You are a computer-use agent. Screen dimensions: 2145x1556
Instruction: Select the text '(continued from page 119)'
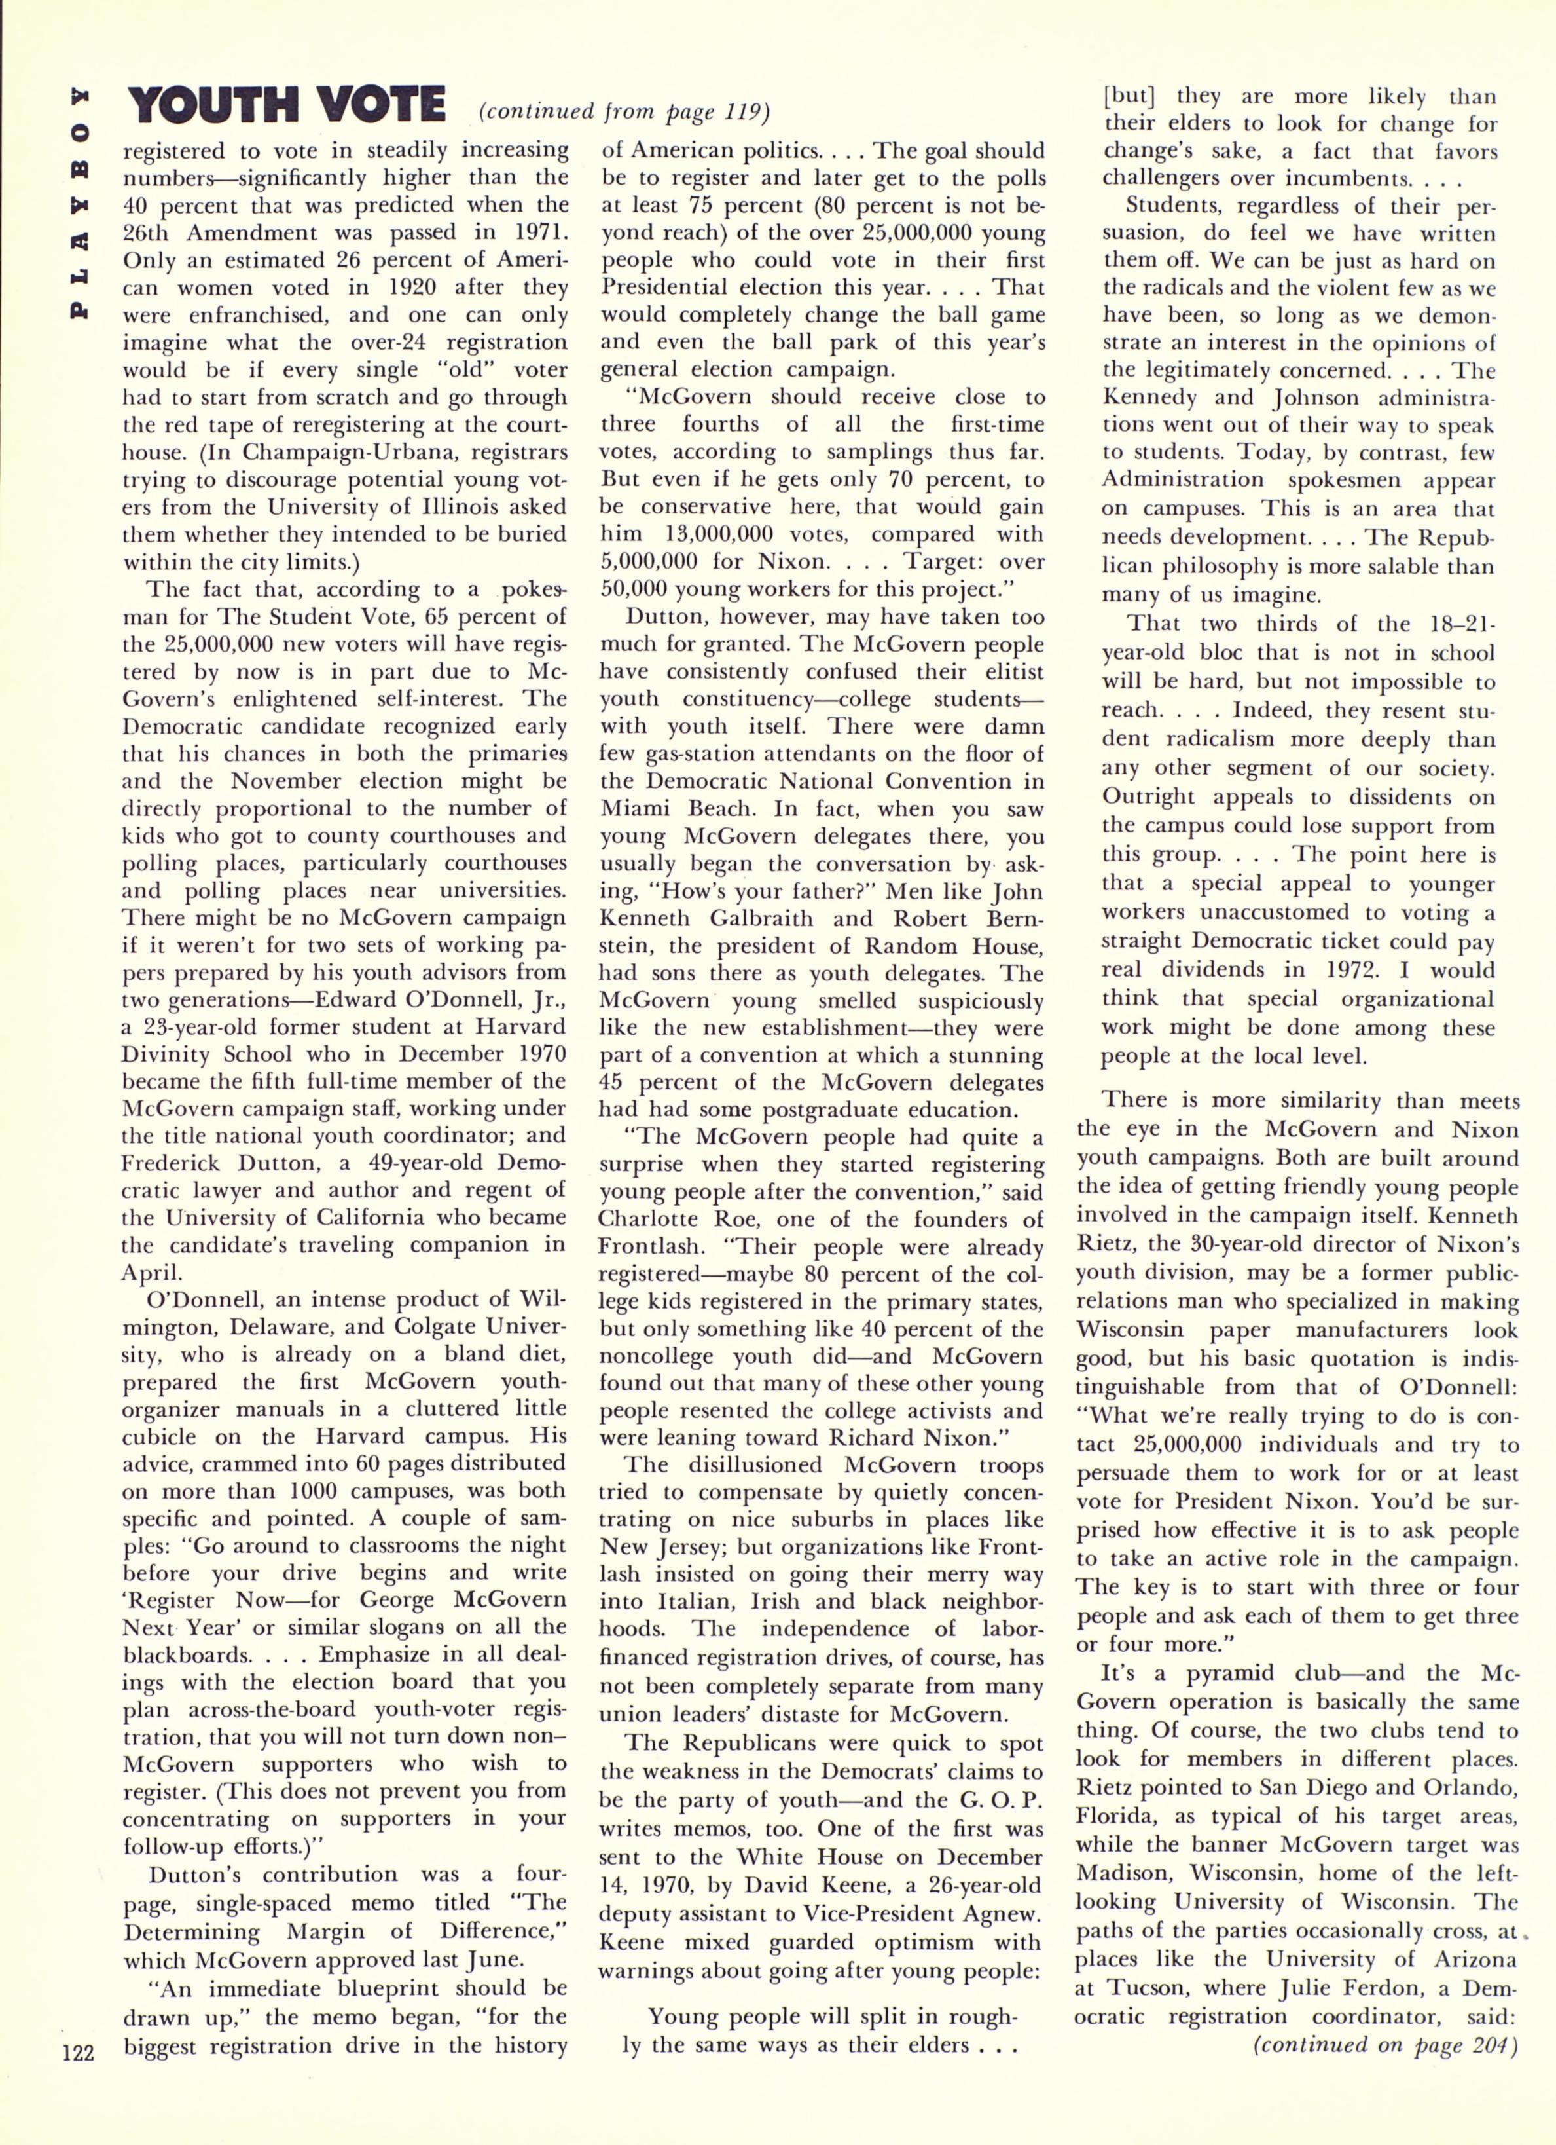(624, 111)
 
